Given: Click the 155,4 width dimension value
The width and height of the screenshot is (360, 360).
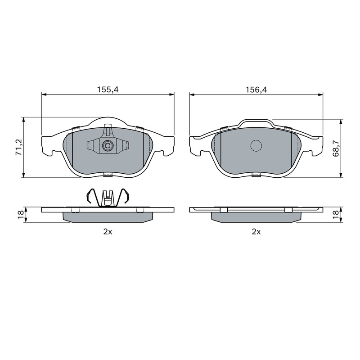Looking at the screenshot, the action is coord(108,89).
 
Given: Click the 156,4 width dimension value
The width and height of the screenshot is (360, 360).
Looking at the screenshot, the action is coord(256,89).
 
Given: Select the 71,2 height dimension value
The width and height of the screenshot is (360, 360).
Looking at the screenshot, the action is coord(19,147).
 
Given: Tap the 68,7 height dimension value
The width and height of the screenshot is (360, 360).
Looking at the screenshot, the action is coord(336,148).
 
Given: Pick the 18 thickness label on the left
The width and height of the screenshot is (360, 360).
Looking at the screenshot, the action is coord(21,215).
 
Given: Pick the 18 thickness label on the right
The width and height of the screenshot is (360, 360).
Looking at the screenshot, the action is coord(335,215).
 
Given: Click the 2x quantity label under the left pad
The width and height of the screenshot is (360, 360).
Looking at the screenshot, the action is coord(108,232).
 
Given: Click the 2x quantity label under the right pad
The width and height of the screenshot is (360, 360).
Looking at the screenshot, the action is coord(256,232).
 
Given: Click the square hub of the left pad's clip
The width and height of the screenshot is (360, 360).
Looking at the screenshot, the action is coord(108,145).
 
